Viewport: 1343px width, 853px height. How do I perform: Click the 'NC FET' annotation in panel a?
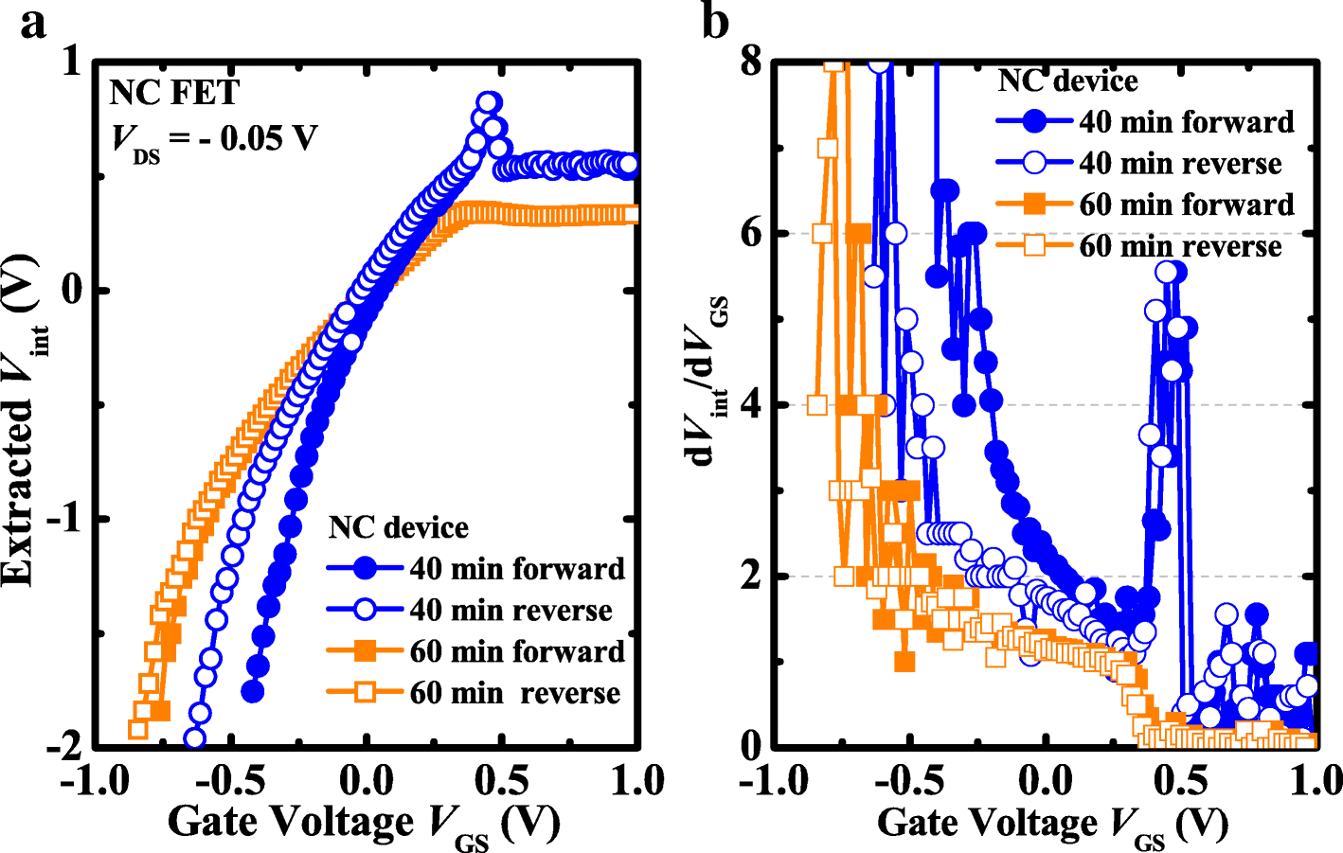(x=174, y=93)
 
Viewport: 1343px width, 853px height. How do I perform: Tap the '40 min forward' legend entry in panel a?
(x=517, y=569)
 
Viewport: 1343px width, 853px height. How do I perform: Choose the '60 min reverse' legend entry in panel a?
(x=515, y=693)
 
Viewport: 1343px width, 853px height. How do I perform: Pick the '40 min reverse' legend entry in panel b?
(x=1180, y=164)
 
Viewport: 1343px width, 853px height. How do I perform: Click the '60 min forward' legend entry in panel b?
(x=1186, y=205)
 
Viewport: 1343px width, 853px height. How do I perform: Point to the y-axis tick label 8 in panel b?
(x=750, y=62)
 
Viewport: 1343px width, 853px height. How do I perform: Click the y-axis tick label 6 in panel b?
(x=750, y=233)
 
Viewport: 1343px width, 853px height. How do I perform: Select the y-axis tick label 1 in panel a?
(x=71, y=62)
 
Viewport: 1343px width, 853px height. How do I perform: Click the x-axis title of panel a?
(x=364, y=822)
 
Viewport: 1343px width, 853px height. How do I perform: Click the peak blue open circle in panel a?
(x=488, y=103)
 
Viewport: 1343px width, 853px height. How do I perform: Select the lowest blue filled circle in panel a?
(x=252, y=692)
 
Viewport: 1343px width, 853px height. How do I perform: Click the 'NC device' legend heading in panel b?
(x=1067, y=81)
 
